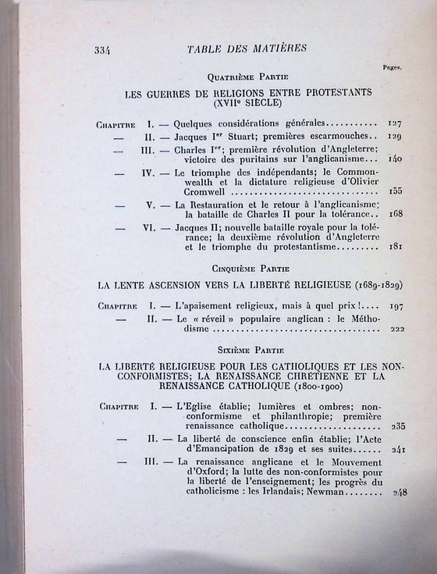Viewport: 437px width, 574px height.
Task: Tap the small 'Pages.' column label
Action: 392,68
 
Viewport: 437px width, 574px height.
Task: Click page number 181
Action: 396,247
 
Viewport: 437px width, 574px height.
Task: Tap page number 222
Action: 396,329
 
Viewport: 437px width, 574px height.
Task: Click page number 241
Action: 396,450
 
